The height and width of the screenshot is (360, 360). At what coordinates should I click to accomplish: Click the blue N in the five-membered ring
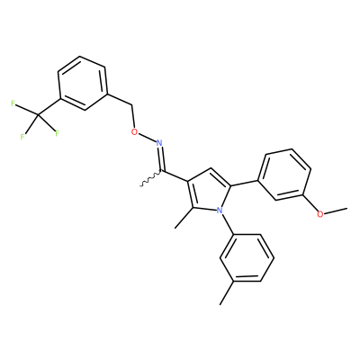click(220, 211)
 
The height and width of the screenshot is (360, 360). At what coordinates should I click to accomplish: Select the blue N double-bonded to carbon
click(159, 142)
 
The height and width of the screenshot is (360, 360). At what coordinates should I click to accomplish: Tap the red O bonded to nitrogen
click(135, 131)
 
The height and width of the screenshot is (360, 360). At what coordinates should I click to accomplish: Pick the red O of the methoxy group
click(320, 214)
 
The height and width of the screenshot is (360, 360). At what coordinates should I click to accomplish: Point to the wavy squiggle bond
click(151, 179)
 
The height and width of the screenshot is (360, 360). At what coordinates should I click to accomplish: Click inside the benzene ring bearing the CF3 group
click(83, 83)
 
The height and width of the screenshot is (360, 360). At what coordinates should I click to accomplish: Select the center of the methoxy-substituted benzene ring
click(284, 175)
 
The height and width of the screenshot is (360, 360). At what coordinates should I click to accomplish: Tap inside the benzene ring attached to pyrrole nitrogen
click(247, 258)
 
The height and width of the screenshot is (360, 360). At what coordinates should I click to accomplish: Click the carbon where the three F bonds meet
click(38, 114)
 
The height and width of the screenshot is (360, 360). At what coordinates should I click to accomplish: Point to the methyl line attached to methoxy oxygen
click(336, 210)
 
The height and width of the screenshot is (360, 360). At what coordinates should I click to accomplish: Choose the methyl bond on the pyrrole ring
click(184, 218)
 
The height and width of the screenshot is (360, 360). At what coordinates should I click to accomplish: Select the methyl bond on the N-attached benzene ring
click(227, 293)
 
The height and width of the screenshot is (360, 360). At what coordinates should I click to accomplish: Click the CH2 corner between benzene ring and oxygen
click(131, 105)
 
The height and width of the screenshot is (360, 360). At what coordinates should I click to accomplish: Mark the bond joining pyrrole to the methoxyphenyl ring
click(244, 184)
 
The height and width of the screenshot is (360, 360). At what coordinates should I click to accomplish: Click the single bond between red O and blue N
click(147, 137)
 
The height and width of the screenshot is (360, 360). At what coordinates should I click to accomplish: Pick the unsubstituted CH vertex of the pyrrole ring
click(211, 168)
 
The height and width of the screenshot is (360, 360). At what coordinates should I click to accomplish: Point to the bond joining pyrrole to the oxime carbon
click(175, 176)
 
